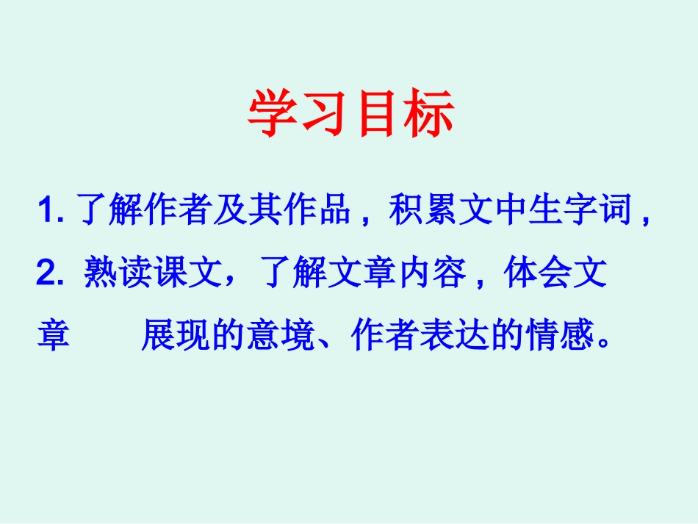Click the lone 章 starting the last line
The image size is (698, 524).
tap(53, 336)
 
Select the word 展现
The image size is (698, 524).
tap(176, 336)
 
